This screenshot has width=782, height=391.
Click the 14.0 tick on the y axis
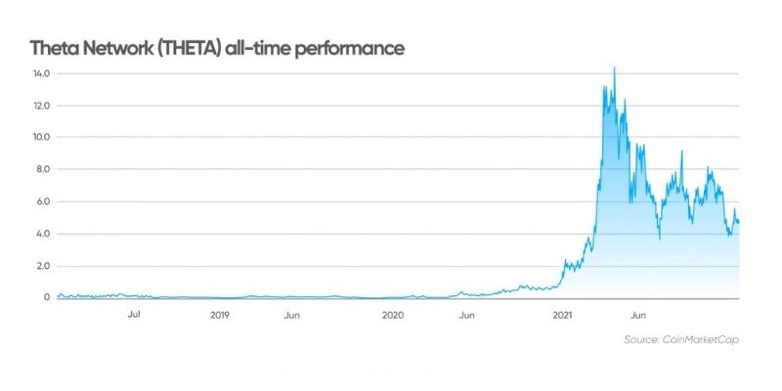point(39,73)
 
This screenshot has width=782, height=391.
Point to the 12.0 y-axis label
point(39,106)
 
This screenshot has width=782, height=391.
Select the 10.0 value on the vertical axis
point(39,138)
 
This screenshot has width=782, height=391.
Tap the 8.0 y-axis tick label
point(40,169)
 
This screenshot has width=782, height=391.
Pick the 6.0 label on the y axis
point(40,201)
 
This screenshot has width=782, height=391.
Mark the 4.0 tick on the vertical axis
point(40,234)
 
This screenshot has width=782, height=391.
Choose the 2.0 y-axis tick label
point(40,266)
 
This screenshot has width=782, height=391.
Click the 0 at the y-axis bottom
point(45,297)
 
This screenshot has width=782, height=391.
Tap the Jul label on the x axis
point(135,316)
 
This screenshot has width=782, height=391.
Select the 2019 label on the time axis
point(220,316)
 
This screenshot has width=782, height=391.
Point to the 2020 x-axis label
point(392,316)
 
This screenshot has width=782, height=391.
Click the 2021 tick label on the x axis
point(562,316)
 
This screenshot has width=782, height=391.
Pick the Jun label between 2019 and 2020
point(291,316)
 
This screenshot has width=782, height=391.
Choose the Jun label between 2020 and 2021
point(467,316)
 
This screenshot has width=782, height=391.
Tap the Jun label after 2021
point(638,316)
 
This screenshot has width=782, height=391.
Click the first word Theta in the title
point(54,47)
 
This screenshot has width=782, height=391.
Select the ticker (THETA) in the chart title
point(191,47)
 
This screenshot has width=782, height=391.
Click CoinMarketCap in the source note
point(698,339)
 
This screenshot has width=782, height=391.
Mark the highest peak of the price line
point(614,68)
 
